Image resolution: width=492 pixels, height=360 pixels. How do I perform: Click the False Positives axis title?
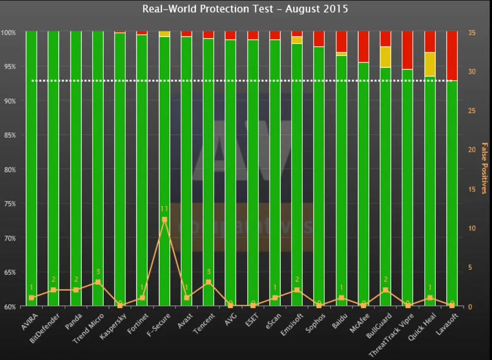(484, 168)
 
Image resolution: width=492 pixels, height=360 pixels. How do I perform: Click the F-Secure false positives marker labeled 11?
(165, 220)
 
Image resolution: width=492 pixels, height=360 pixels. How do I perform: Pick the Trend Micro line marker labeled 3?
(98, 282)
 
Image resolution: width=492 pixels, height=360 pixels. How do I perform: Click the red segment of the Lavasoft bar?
(452, 56)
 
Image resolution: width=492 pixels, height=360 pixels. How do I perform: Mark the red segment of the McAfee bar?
(363, 46)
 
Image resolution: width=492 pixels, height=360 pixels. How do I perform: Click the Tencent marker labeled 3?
(208, 282)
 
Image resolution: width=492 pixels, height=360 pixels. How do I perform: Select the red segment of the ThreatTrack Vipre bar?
(407, 50)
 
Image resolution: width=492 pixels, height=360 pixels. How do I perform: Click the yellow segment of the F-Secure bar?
(165, 34)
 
